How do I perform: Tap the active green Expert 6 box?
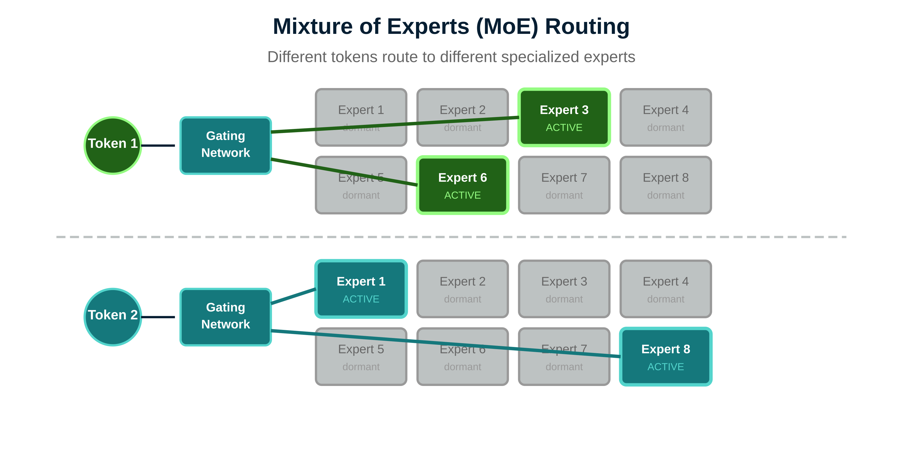click(x=462, y=185)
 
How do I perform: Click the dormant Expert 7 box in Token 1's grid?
click(x=564, y=185)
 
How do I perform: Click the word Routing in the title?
click(x=587, y=26)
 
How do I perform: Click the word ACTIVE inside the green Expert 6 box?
click(x=462, y=195)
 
